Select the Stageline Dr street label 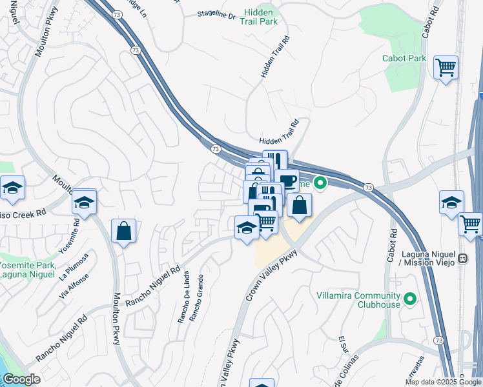tap(216, 14)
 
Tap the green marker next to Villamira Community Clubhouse tap(409, 298)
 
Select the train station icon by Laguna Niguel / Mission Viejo tap(462, 259)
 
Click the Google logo tap(21, 379)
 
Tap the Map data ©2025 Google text tap(442, 382)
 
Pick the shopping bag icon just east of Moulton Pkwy tap(123, 231)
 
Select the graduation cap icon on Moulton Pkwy tap(84, 201)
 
